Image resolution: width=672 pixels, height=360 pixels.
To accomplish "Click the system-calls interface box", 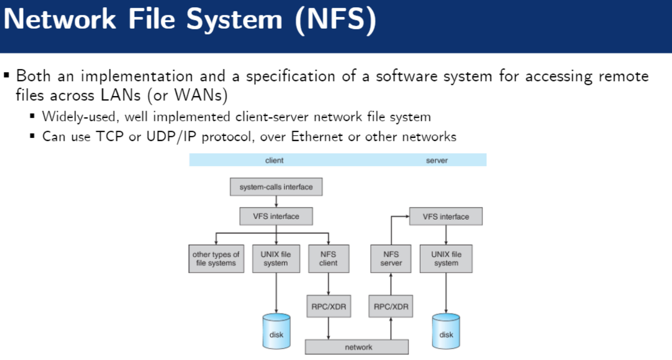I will (x=276, y=187).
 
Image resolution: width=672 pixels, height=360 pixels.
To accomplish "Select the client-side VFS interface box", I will (x=276, y=217).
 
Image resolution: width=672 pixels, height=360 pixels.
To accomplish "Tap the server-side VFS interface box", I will (x=446, y=217).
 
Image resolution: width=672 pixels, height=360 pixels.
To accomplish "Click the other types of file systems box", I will (x=216, y=259).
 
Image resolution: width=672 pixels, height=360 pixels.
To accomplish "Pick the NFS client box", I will (x=328, y=259).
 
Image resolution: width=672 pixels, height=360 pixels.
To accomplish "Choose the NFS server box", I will (x=391, y=259).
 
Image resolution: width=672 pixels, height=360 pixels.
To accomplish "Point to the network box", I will (x=358, y=347).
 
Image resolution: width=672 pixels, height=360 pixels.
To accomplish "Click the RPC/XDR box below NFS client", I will (x=328, y=307).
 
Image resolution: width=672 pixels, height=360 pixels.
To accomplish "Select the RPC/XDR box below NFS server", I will (x=391, y=307).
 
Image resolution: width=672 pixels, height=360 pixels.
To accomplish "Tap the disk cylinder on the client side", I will (x=276, y=330).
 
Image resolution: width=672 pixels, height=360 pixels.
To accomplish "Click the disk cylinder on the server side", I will (x=446, y=330).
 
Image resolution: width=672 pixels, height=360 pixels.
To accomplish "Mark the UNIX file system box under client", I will (x=276, y=259).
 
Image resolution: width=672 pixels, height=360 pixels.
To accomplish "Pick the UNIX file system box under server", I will (x=446, y=259).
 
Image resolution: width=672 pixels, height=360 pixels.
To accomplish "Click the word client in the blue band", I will (x=274, y=160).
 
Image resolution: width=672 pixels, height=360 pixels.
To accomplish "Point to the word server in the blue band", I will (x=437, y=160).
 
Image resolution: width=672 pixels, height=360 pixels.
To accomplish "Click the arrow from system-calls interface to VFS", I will (x=276, y=202).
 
